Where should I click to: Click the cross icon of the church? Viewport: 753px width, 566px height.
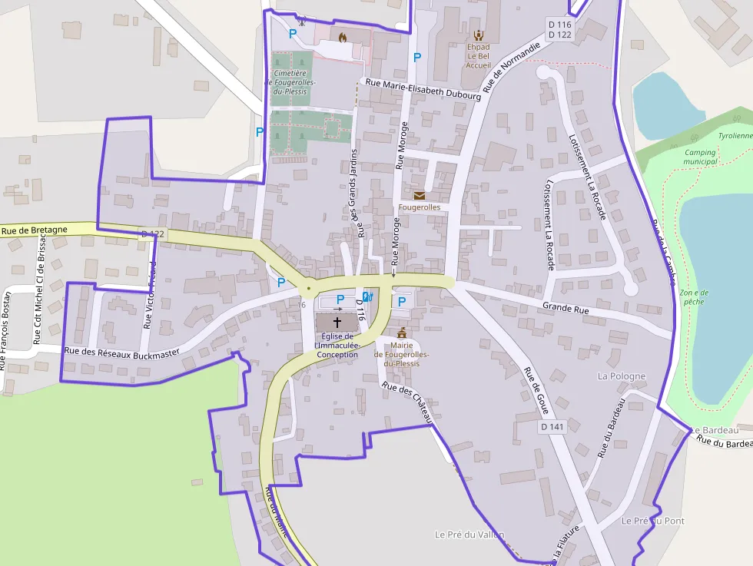[x=337, y=322]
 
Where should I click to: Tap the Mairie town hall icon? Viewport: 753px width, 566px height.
[x=401, y=333]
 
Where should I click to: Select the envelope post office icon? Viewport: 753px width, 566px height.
[x=419, y=196]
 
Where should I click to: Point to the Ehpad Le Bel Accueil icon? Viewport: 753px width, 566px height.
[x=479, y=35]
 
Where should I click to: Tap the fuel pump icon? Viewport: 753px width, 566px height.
[x=367, y=296]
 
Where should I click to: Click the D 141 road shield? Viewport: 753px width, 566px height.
[x=552, y=426]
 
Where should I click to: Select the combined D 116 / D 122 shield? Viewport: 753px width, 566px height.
[x=560, y=29]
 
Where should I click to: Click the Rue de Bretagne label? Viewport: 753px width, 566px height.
[x=34, y=230]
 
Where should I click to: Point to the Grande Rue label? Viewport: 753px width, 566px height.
[x=566, y=308]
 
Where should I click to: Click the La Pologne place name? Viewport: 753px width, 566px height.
[x=622, y=376]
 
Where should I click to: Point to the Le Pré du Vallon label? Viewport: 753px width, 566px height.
[x=469, y=535]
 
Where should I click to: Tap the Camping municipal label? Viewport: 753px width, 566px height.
[x=700, y=157]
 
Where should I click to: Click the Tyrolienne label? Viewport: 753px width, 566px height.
[x=735, y=136]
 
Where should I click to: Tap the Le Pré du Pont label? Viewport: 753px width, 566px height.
[x=652, y=521]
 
